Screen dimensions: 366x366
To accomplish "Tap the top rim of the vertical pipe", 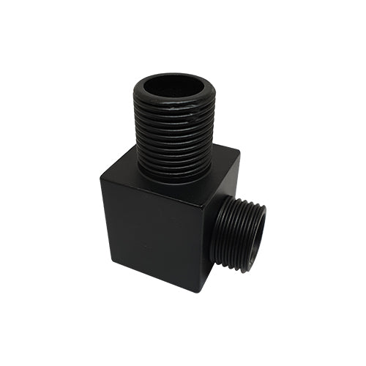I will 173,76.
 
